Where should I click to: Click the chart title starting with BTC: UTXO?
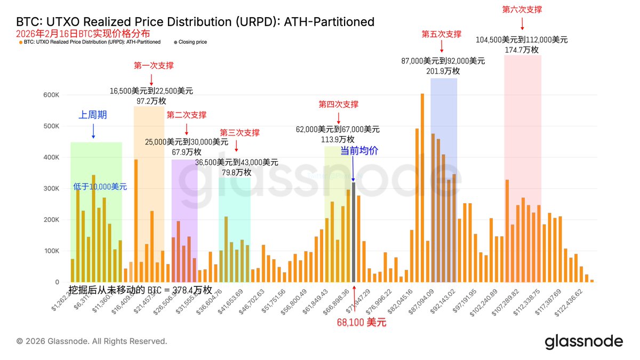[x=195, y=22]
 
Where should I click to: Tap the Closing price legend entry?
[x=193, y=42]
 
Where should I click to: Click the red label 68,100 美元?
[x=361, y=322]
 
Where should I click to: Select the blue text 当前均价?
[x=359, y=151]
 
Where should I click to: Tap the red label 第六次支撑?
[x=522, y=10]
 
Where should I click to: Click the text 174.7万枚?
[x=522, y=50]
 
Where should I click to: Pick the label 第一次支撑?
[x=154, y=66]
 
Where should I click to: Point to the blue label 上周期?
[x=93, y=115]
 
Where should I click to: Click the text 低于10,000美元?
[x=100, y=187]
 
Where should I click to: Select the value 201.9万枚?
[x=443, y=71]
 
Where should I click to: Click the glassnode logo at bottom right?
[x=583, y=342]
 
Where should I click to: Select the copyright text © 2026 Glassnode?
[x=92, y=341]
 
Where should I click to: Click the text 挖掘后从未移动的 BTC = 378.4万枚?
[x=140, y=290]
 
